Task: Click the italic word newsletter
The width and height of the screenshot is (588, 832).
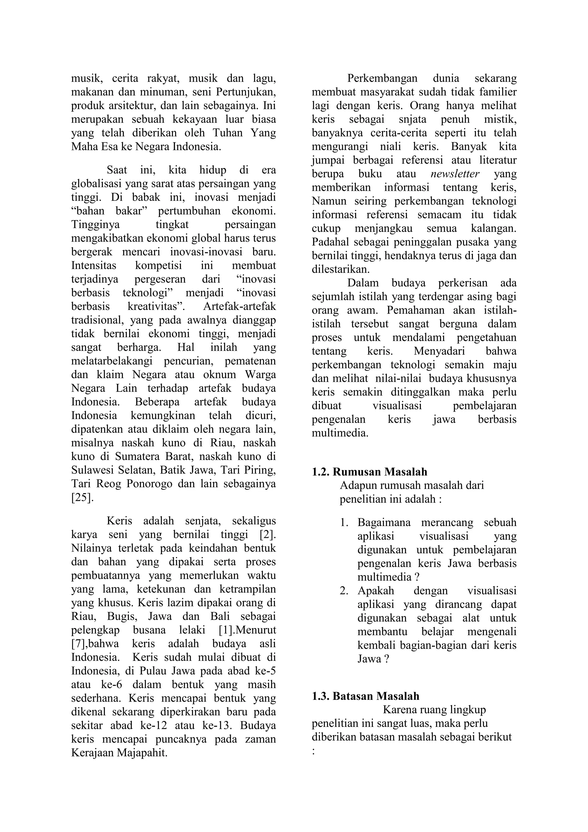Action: point(455,174)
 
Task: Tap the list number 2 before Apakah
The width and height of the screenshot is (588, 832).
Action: point(344,591)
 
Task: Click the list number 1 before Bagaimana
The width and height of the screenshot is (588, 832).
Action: point(344,523)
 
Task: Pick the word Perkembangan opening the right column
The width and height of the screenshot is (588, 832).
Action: point(382,78)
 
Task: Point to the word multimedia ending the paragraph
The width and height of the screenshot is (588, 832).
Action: point(340,433)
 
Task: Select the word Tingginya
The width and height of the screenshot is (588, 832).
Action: point(95,225)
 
